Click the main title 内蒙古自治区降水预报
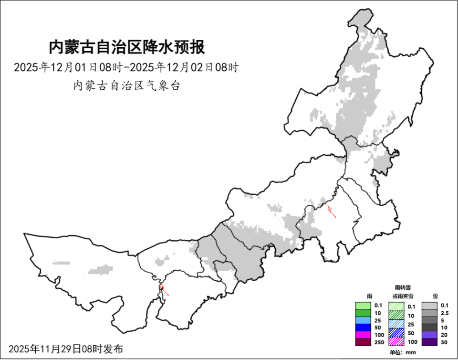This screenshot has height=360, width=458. [x=127, y=47]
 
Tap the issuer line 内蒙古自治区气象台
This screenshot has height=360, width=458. [x=126, y=86]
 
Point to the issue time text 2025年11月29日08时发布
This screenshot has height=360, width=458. [x=66, y=349]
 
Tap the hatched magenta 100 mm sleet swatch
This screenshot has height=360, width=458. [x=396, y=342]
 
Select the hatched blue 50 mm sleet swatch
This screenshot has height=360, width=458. [x=396, y=333]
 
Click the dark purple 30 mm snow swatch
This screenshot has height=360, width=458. [x=430, y=342]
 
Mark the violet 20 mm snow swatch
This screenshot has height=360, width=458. [x=430, y=335]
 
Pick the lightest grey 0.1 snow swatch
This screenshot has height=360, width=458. [x=430, y=306]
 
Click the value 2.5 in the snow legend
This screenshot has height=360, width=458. [x=445, y=313]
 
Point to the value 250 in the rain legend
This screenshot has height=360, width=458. [x=379, y=342]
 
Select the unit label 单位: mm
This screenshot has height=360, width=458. [x=403, y=352]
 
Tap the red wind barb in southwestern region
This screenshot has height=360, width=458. [x=164, y=290]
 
